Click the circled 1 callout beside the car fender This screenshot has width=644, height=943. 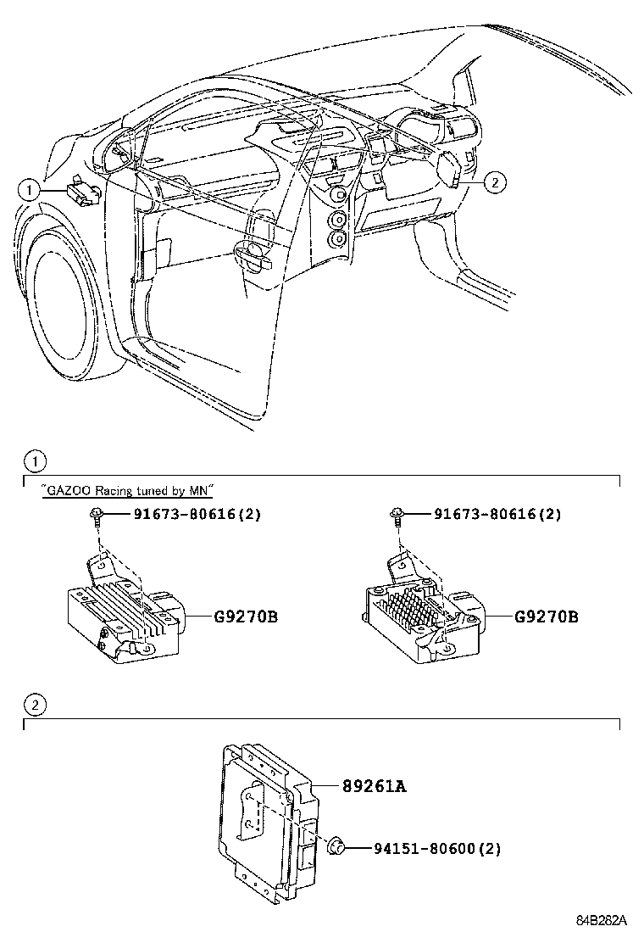pyautogui.click(x=31, y=190)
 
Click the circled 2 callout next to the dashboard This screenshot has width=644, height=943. pyautogui.click(x=496, y=181)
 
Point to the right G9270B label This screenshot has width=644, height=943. pyautogui.click(x=546, y=617)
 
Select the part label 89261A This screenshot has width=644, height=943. pyautogui.click(x=375, y=786)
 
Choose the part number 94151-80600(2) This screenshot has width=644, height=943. pyautogui.click(x=425, y=847)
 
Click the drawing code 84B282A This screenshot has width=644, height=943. pyautogui.click(x=602, y=920)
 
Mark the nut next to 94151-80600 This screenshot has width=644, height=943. pyautogui.click(x=335, y=845)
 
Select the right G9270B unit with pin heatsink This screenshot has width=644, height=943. pyautogui.click(x=415, y=615)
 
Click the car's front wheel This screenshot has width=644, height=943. pyautogui.click(x=59, y=305)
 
